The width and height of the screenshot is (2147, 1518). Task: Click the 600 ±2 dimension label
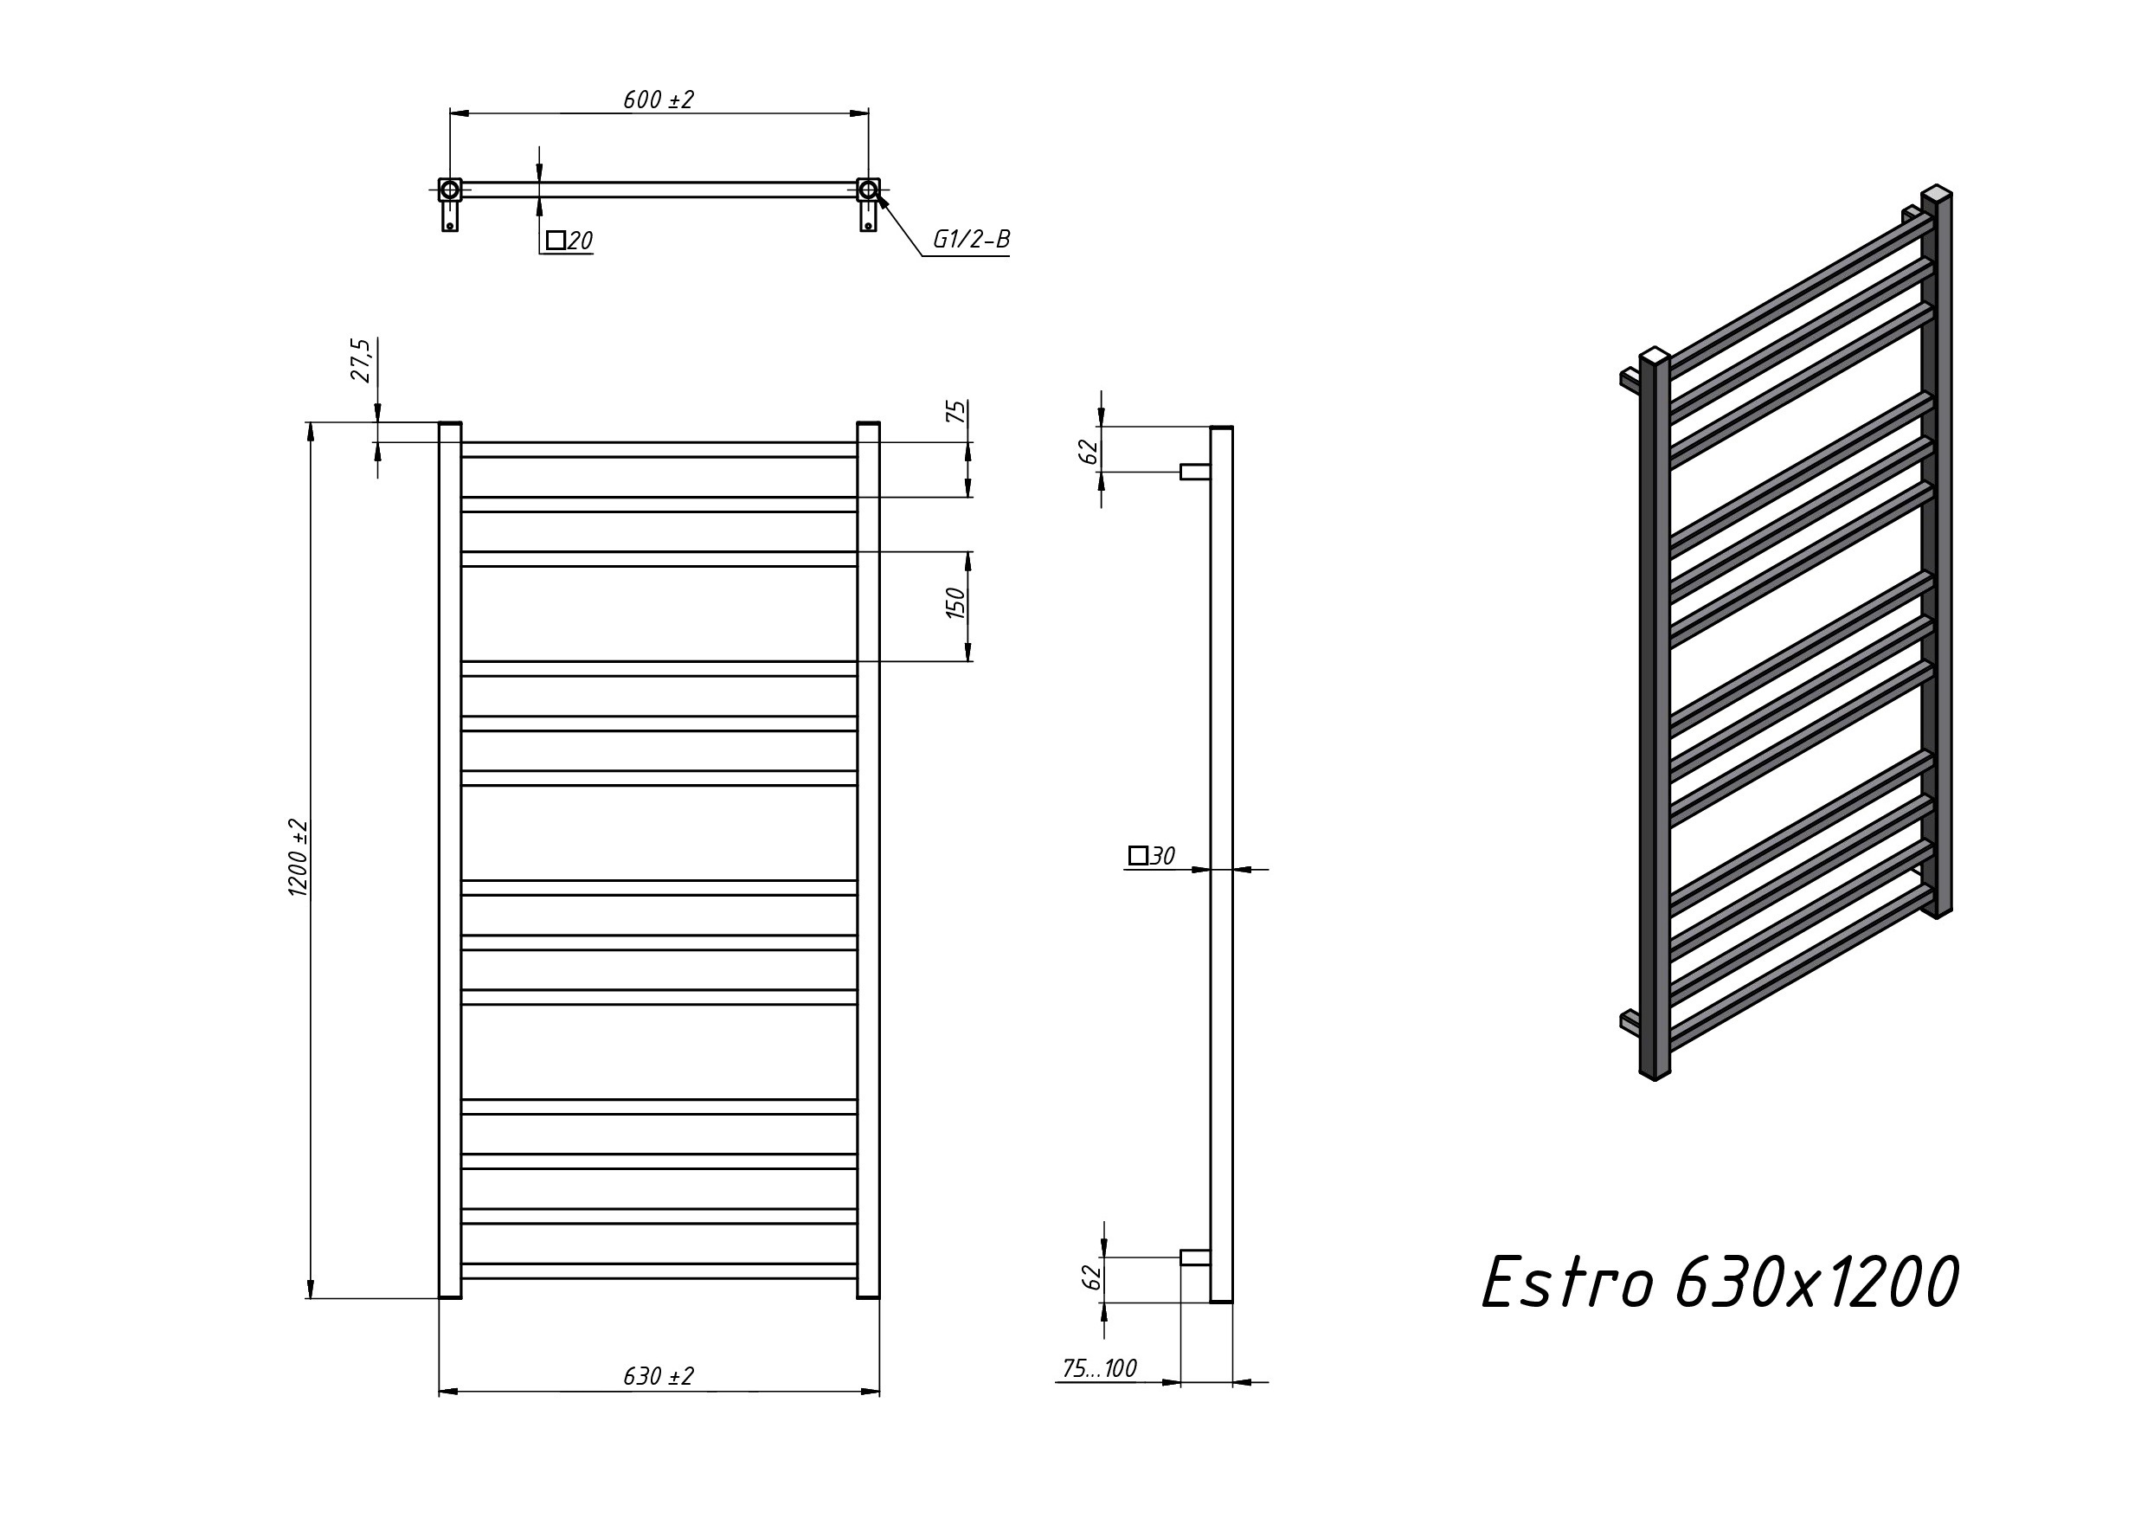659,100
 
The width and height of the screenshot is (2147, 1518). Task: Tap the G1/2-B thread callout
972,241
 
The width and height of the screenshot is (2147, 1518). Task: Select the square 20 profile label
569,241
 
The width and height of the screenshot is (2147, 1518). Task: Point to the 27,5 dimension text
361,360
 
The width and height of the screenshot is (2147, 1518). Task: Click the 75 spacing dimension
955,412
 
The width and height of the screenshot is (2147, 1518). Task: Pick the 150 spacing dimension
955,602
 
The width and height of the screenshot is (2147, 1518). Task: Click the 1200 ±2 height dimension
299,858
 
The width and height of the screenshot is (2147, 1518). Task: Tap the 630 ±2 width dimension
659,1377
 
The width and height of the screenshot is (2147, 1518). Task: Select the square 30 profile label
1152,856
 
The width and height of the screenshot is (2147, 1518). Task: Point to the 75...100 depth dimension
1100,1368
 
